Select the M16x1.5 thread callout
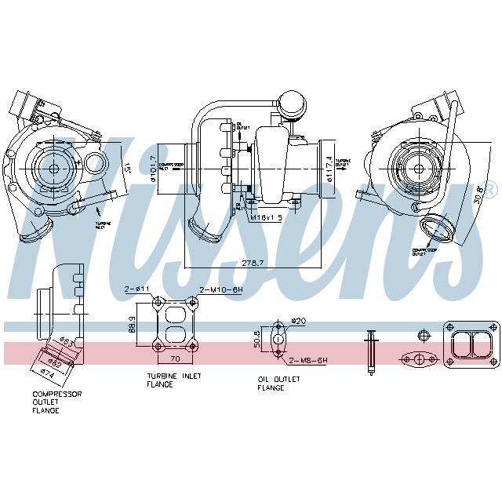tap(266, 216)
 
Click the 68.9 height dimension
tap(134, 324)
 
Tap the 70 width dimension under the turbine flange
tap(176, 358)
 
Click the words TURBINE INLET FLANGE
tap(174, 380)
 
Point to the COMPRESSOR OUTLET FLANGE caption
tap(56, 402)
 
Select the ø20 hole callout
tap(298, 320)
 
